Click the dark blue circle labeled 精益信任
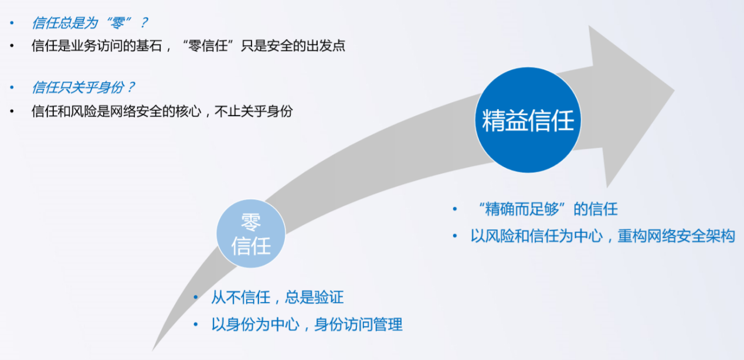point(528,120)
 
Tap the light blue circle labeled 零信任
point(251,233)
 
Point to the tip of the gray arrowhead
point(674,90)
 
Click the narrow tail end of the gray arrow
point(153,350)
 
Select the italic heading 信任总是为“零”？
point(90,23)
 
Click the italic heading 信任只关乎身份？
point(83,87)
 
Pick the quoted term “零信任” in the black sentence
point(208,46)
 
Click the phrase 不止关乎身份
point(253,111)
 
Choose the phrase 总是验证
point(314,297)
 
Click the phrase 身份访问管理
point(358,324)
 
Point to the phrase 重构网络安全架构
point(676,236)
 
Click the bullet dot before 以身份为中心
point(196,324)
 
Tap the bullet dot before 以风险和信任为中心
point(455,236)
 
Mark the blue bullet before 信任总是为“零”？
point(12,23)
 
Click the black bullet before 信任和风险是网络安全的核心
point(12,111)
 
